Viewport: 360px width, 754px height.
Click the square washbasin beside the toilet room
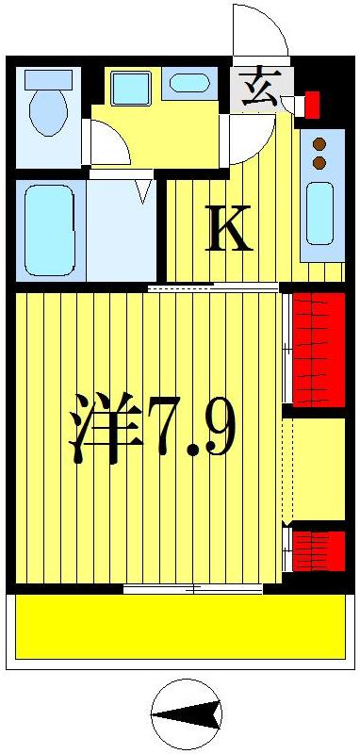click(x=130, y=89)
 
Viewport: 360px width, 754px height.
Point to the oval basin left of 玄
click(x=189, y=83)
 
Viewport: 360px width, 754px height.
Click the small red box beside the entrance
click(x=312, y=103)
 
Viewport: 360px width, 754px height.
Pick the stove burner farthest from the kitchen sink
click(x=319, y=144)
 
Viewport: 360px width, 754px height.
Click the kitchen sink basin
click(x=319, y=213)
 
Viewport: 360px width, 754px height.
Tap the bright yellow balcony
click(x=179, y=627)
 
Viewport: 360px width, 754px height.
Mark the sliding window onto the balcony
click(x=193, y=588)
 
